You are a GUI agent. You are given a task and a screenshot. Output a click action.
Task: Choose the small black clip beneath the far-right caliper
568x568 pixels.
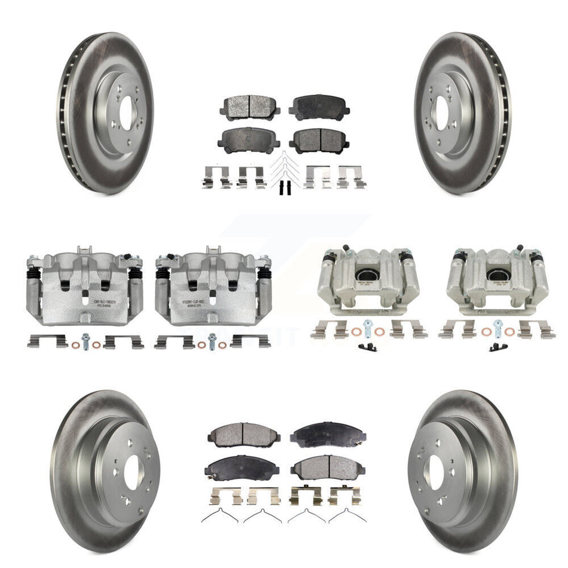[x=496, y=347]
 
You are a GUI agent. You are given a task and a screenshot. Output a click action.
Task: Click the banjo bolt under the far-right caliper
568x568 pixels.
[x=497, y=327]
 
